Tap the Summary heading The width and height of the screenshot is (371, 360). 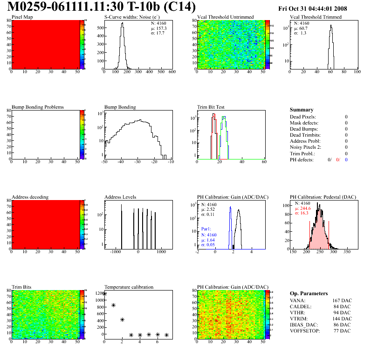point(302,110)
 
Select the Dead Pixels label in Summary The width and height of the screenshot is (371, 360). point(303,117)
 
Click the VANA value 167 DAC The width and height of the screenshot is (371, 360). point(342,300)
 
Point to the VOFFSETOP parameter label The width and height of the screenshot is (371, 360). point(306,331)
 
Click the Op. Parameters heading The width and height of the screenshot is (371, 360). point(309,293)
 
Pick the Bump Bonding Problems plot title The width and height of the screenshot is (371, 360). point(37,107)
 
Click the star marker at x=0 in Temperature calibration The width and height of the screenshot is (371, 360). point(104,294)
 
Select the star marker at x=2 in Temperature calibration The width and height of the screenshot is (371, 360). point(122,319)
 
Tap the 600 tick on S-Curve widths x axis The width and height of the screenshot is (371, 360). point(172,72)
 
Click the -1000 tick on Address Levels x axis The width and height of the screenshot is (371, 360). point(115,252)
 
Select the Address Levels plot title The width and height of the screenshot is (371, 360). point(120,197)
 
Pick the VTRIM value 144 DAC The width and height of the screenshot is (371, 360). point(342,318)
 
